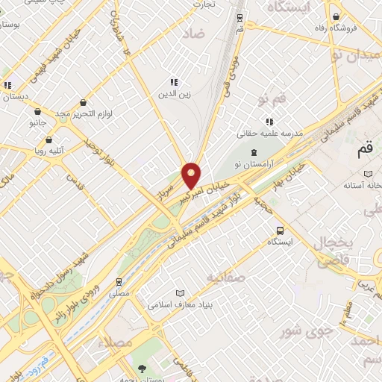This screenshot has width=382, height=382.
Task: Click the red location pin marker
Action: pyautogui.click(x=192, y=175)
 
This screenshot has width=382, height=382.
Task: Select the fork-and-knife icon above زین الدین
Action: pyautogui.click(x=174, y=82)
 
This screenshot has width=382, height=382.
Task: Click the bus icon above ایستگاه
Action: pyautogui.click(x=280, y=230)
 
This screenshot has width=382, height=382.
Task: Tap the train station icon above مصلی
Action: pyautogui.click(x=119, y=282)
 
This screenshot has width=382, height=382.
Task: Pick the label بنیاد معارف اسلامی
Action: pyautogui.click(x=181, y=304)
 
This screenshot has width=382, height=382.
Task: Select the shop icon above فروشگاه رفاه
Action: pyautogui.click(x=337, y=16)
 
